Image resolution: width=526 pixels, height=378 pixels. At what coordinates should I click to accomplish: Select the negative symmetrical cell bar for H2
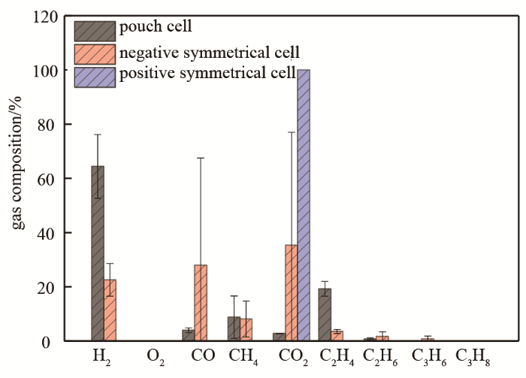pos(110,310)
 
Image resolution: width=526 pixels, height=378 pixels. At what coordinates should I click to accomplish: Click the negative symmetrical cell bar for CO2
pos(291,293)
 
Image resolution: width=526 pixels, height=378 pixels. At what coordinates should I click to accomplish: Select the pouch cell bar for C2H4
pos(325,315)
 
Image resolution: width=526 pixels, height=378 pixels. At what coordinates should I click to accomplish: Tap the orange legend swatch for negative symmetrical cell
pos(95,53)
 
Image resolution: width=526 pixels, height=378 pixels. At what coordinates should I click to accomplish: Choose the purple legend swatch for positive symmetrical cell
pos(95,76)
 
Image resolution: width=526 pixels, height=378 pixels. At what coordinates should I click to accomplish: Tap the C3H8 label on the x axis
pos(473,354)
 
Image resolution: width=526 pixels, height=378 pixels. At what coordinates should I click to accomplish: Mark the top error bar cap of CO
pos(201,158)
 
